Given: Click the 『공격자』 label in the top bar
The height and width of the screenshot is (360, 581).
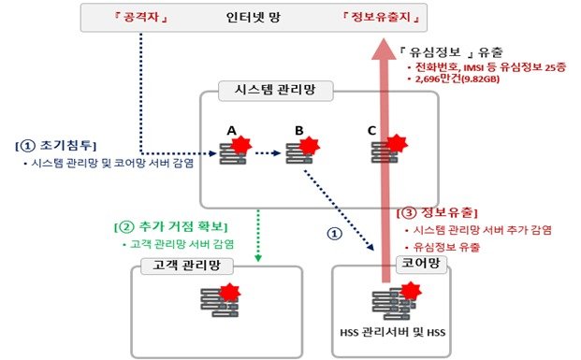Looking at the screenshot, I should pos(141,17).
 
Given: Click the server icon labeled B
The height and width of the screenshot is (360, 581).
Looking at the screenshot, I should pos(300,151).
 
